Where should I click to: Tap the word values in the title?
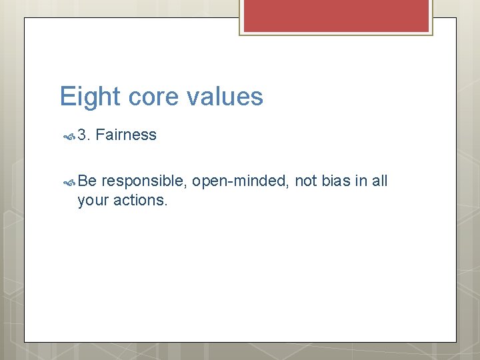pyautogui.click(x=225, y=97)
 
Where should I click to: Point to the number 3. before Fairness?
pyautogui.click(x=84, y=135)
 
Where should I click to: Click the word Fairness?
pyautogui.click(x=126, y=135)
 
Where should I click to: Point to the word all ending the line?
pyautogui.click(x=379, y=181)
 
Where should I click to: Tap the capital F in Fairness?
pyautogui.click(x=100, y=135)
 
